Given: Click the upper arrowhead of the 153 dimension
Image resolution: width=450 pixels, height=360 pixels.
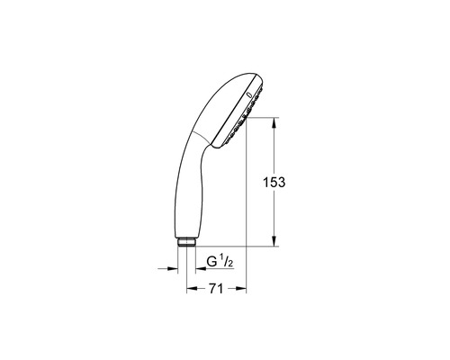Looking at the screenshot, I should (x=274, y=122).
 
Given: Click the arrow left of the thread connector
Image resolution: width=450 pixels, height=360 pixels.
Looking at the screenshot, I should (x=169, y=266).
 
